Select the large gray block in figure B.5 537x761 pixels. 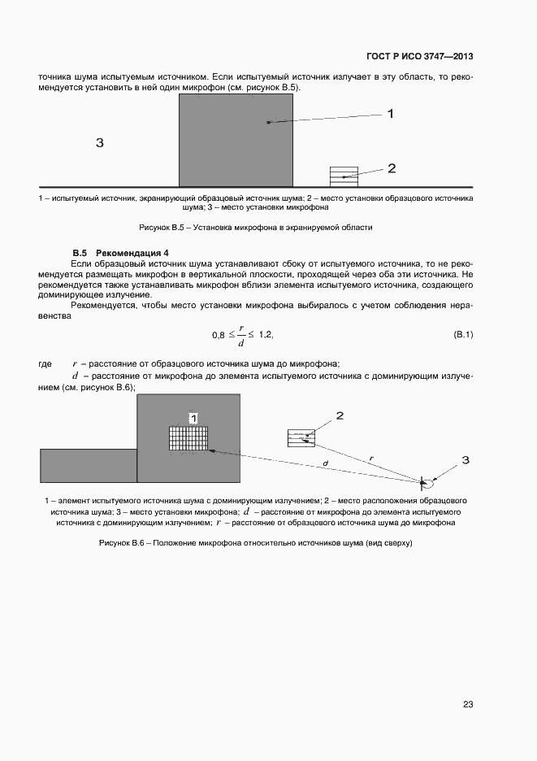[236, 140]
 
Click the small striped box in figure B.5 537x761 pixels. [343, 176]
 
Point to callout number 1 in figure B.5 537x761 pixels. [390, 114]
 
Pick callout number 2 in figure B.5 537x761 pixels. [391, 168]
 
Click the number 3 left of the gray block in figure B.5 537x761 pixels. [99, 143]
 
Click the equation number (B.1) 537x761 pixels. [462, 335]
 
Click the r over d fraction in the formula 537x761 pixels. [241, 335]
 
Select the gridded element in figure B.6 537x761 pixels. [188, 438]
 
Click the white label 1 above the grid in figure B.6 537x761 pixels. [193, 418]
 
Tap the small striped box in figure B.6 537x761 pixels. [301, 437]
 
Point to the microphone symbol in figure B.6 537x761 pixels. [422, 481]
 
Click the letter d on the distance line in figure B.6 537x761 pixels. [325, 464]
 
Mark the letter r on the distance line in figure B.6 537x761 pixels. [371, 459]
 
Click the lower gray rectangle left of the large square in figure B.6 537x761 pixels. [89, 465]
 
